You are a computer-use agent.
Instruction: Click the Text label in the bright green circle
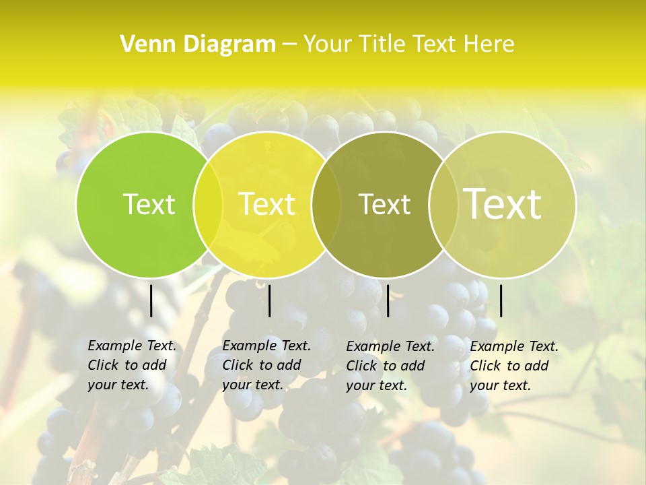point(149,204)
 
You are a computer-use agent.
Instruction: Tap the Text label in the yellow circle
point(266,204)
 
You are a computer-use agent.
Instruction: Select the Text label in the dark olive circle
point(384,204)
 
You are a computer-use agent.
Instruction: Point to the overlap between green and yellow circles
point(208,205)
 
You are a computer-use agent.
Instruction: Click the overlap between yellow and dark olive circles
point(326,205)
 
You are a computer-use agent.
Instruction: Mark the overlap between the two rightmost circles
point(443,205)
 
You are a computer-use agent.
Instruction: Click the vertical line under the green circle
point(151,300)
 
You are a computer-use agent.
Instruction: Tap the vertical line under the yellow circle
point(269,300)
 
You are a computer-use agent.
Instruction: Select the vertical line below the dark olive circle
point(388,300)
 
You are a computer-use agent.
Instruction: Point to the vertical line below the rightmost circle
point(501,300)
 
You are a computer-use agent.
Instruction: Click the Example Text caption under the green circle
point(131,365)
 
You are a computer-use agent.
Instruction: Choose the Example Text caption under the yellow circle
point(266,365)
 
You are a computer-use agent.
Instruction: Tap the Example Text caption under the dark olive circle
point(390,366)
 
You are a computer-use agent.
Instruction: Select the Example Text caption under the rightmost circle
point(513,366)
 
